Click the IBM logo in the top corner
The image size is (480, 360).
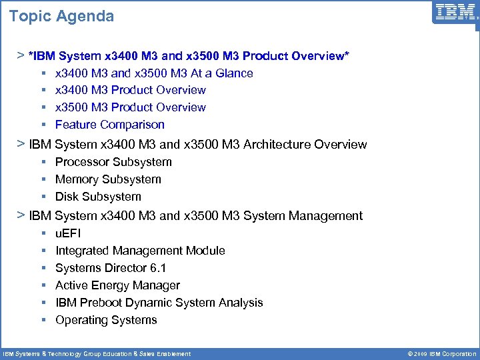point(455,13)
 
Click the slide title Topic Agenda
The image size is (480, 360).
point(61,16)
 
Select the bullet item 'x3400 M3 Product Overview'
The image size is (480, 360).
point(131,90)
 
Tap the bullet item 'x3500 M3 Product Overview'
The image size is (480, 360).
point(131,107)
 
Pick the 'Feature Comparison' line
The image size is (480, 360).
point(110,125)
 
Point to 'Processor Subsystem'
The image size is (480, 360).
point(113,162)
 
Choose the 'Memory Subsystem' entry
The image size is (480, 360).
point(108,179)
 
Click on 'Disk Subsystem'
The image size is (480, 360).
point(98,197)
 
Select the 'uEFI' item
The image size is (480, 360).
point(68,233)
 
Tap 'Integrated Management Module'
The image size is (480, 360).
point(140,251)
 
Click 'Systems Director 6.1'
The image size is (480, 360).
point(111,268)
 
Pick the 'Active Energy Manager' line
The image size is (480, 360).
point(117,285)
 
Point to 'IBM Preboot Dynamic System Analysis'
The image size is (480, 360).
point(159,303)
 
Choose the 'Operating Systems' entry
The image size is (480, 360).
point(106,320)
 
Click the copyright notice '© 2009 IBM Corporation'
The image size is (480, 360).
point(437,354)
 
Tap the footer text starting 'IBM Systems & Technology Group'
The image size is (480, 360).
point(97,354)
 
